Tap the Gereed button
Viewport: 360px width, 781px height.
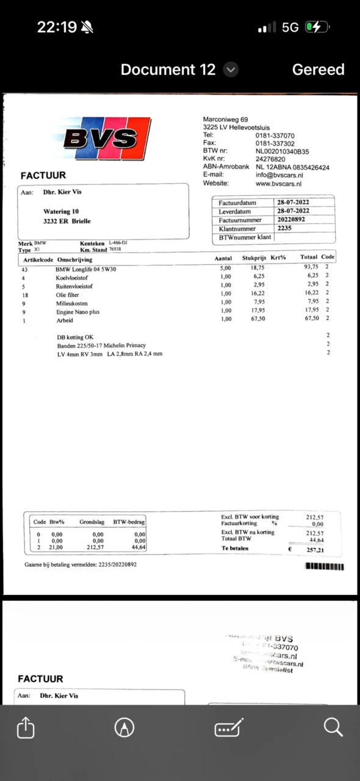click(318, 70)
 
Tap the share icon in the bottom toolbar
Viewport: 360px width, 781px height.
click(26, 727)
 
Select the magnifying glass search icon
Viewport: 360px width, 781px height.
click(333, 727)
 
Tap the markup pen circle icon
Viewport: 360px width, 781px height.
click(124, 727)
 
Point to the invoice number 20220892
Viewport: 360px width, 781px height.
click(291, 220)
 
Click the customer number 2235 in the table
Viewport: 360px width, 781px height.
click(284, 228)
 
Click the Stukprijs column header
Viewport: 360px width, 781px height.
click(253, 258)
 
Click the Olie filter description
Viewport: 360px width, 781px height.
click(70, 293)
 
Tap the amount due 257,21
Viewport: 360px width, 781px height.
click(315, 549)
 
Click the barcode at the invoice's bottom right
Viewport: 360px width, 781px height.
click(324, 566)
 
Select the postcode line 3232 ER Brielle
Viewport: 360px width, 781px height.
click(67, 221)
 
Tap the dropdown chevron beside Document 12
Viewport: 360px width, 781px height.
click(231, 70)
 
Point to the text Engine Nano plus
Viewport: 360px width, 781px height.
click(78, 312)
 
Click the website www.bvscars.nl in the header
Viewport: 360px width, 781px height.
click(278, 184)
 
